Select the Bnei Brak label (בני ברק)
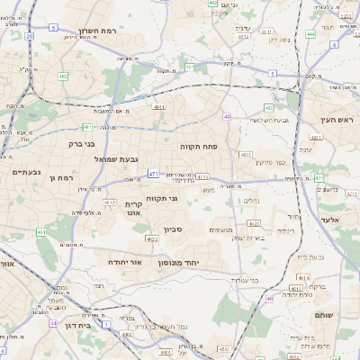click(81, 142)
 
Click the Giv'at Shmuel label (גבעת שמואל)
click(141, 159)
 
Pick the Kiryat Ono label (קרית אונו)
click(133, 209)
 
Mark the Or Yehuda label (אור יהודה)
click(124, 261)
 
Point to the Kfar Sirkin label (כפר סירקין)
click(270, 163)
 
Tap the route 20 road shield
click(29, 36)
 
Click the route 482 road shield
click(63, 77)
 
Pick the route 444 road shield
click(310, 34)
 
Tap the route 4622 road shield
click(153, 240)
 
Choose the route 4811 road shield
click(159, 107)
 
